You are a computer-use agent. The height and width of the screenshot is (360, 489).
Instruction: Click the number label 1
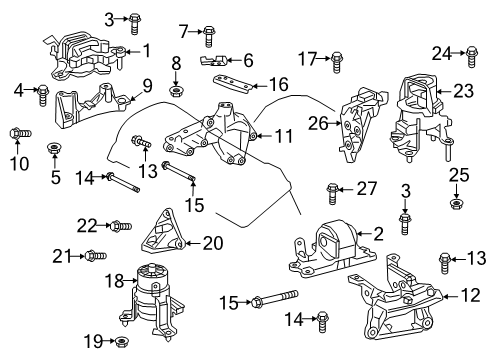pyautogui.click(x=146, y=50)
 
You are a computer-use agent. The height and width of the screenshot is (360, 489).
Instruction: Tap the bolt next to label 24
pyautogui.click(x=468, y=54)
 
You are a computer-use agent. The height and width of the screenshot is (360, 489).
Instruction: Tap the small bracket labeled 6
pyautogui.click(x=221, y=62)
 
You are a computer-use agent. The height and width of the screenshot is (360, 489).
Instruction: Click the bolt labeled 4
pyautogui.click(x=43, y=95)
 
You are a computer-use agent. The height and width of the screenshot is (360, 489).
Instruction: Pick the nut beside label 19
pyautogui.click(x=120, y=343)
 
